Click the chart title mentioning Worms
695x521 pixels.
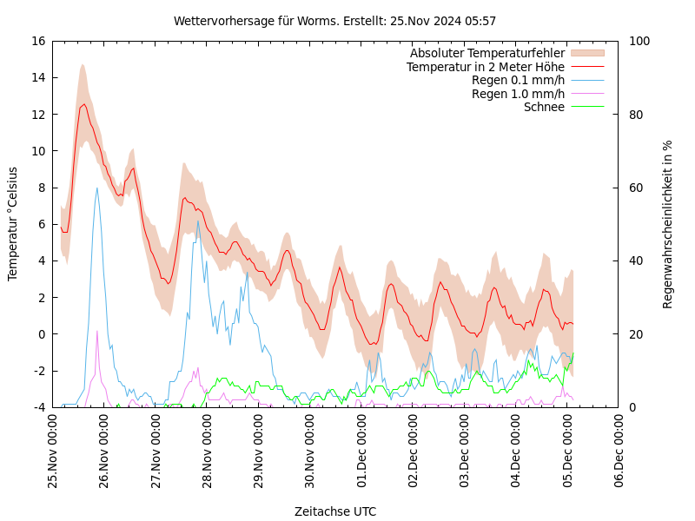point(334,21)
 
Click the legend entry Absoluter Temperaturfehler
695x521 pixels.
point(486,54)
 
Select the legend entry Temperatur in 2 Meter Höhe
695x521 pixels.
point(485,67)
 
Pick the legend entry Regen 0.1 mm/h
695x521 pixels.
point(518,81)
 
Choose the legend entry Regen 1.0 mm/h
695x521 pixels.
point(518,94)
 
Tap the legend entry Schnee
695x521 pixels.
point(544,107)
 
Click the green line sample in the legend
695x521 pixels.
point(586,107)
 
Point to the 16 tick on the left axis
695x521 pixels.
point(37,41)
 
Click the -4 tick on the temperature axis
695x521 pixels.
point(38,407)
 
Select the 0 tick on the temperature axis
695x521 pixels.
point(42,334)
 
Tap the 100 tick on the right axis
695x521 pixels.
point(639,41)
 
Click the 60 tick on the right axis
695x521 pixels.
point(636,188)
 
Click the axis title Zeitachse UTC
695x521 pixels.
point(335,511)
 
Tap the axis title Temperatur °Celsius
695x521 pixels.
point(13,224)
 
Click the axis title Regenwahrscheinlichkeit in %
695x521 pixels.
point(668,224)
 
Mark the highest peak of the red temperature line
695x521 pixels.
point(84,104)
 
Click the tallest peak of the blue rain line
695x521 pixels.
point(96,188)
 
